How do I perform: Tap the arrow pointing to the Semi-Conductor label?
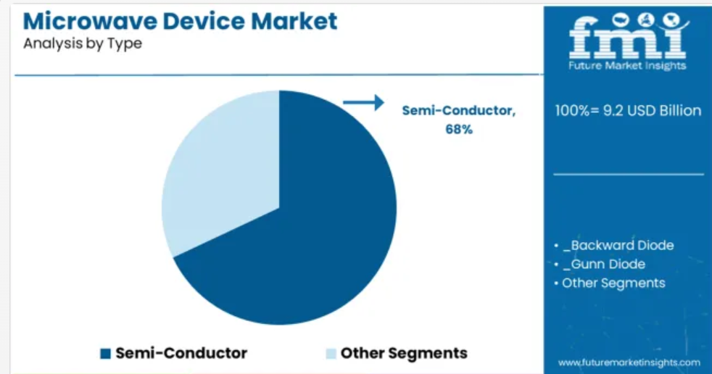363,103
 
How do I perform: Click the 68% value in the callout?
459,129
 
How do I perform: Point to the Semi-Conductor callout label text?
459,110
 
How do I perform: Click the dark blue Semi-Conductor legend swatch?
105,354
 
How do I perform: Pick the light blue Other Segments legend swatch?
331,354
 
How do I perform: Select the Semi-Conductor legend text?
181,353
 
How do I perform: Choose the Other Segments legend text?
404,354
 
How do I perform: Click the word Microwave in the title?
89,21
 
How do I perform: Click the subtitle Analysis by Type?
83,43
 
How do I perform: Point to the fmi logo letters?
629,36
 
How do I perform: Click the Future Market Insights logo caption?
627,66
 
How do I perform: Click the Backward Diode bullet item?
618,246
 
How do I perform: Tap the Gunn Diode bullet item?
604,264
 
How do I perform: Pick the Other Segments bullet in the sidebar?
613,283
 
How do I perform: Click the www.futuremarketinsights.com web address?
629,362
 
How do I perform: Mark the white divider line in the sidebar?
629,174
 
